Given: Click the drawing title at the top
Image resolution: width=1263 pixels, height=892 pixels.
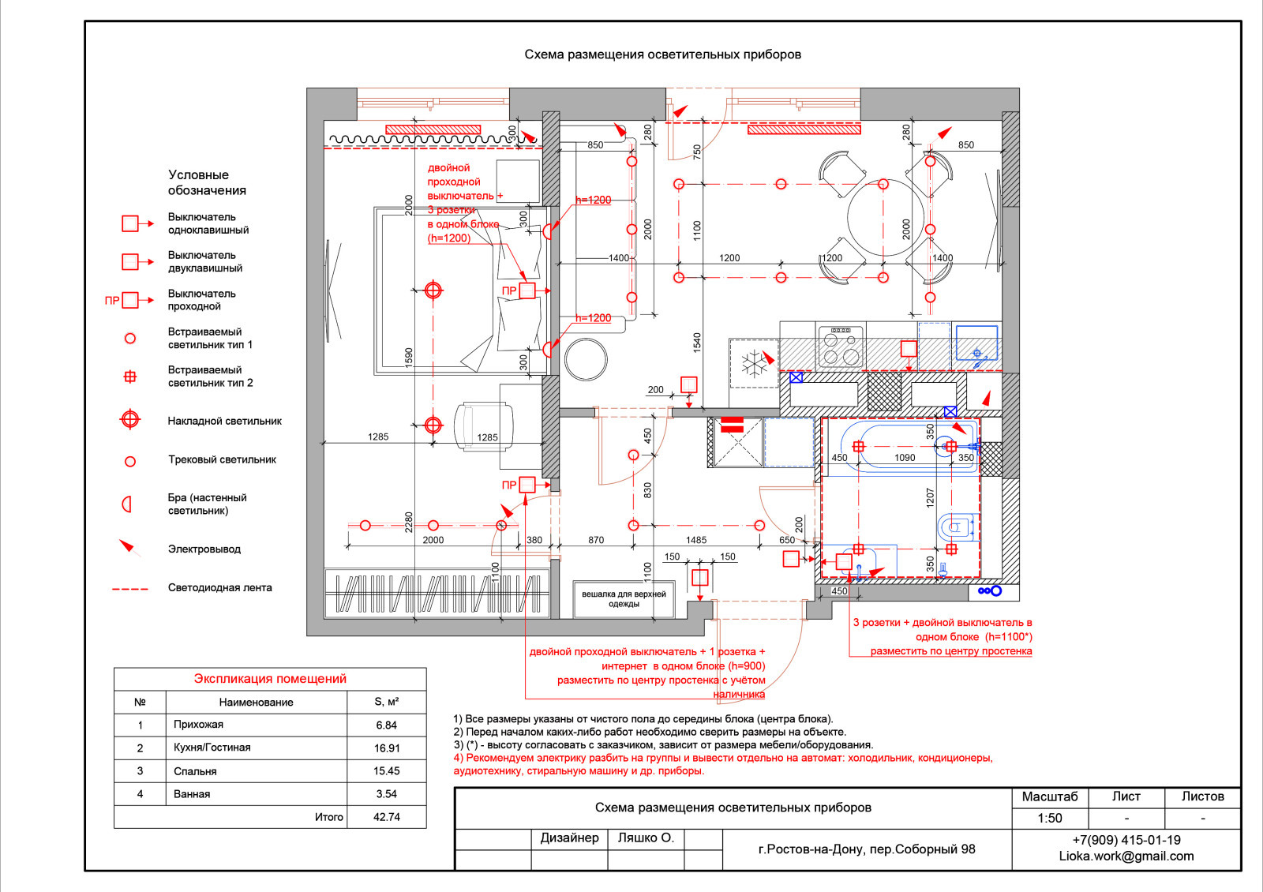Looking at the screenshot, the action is tap(662, 54).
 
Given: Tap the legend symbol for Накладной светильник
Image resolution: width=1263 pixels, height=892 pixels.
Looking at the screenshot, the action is tap(130, 419).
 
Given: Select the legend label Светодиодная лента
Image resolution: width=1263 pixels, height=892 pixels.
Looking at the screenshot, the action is tap(220, 587).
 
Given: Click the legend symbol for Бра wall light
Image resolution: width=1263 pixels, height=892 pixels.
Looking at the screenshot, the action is tap(127, 504).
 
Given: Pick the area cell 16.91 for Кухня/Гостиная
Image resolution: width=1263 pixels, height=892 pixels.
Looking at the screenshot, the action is tap(387, 748).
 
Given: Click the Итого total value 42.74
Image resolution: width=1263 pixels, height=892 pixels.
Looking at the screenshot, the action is tap(387, 817).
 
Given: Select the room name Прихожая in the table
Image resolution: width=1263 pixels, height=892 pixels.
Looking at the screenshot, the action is tap(198, 725).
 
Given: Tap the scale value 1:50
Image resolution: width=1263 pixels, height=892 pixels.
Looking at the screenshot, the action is tap(1050, 818).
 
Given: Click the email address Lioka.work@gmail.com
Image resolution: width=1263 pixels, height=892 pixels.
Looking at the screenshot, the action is tap(1126, 856).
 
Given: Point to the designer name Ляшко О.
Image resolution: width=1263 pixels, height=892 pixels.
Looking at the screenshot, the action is tap(646, 838).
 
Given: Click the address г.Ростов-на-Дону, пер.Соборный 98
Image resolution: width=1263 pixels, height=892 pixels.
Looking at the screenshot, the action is tap(867, 849).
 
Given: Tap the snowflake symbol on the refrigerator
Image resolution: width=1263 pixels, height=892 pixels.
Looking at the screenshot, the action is tap(755, 364).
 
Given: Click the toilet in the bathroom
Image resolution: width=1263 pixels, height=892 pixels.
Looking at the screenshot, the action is tap(958, 527).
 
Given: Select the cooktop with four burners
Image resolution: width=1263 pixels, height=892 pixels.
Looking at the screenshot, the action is tap(841, 347).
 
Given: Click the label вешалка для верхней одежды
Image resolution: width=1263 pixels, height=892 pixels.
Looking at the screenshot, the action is tap(624, 599).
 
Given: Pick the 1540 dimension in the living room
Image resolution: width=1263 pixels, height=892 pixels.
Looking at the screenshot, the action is tap(697, 343).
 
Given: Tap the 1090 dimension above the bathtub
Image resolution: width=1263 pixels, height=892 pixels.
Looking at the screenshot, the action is tap(905, 457).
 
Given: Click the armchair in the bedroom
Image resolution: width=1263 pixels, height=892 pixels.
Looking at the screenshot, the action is tap(484, 426).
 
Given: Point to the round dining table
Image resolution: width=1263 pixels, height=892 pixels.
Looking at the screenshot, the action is tap(886, 218).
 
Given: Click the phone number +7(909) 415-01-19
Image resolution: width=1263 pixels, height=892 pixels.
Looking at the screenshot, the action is tap(1126, 840).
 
